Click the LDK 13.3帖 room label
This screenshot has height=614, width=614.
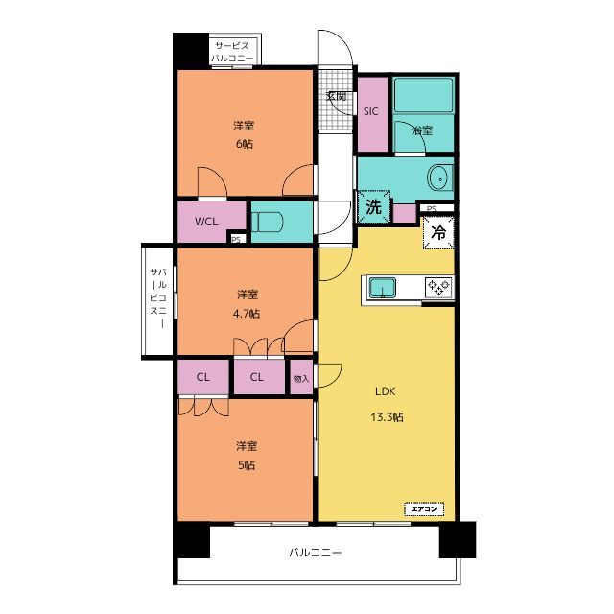point(387,404)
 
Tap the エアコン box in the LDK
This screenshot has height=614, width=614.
point(424,509)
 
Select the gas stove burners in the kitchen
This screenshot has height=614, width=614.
point(438,288)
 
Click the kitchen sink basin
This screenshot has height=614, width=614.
point(383,288)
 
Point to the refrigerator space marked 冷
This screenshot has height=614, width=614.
point(438,232)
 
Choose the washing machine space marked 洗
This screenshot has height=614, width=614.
point(373,207)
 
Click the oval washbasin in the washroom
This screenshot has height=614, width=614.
point(440,178)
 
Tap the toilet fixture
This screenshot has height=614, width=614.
point(267,223)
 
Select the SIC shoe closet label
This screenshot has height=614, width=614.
point(371,112)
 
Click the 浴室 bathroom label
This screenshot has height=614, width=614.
point(422,130)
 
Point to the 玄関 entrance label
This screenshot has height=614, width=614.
point(337,96)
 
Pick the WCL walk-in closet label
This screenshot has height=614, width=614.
point(206,222)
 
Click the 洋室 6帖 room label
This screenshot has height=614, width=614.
point(244,134)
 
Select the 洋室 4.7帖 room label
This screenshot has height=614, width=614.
point(247,304)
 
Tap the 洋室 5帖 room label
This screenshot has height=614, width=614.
point(247,456)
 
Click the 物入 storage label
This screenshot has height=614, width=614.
point(301,379)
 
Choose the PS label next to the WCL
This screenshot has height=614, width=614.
point(236,239)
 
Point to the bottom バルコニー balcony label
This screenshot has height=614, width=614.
point(316,553)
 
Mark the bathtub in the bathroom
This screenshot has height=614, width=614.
point(423,95)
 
